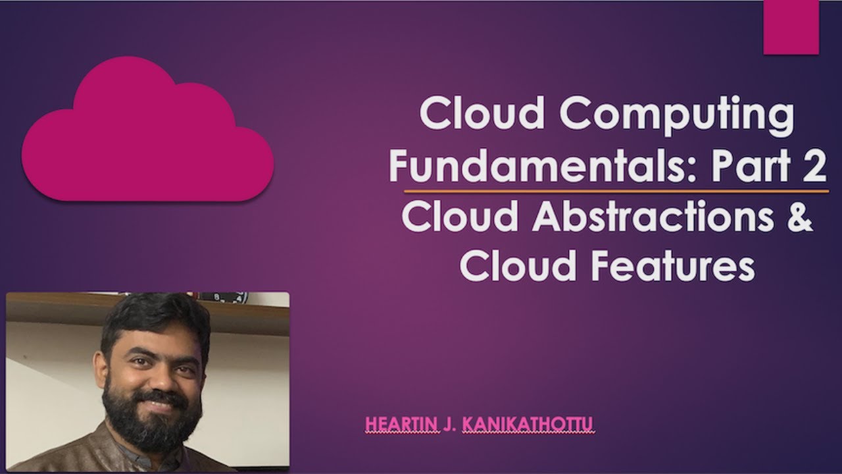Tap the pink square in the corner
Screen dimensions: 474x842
pyautogui.click(x=791, y=26)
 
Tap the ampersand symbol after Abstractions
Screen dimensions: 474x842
pyautogui.click(x=800, y=217)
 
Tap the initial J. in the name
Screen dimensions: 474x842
pyautogui.click(x=449, y=425)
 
